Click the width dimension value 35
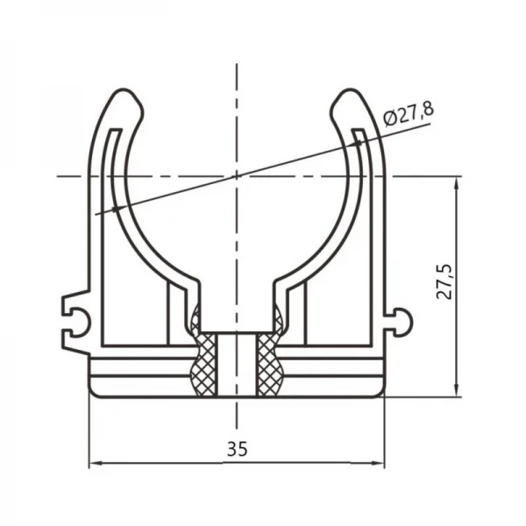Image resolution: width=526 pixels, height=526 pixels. click(x=236, y=449)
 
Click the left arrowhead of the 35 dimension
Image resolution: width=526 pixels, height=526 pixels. click(x=95, y=463)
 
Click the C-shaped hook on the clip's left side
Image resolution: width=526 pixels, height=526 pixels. click(x=75, y=316)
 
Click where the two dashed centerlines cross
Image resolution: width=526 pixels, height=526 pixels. click(x=236, y=176)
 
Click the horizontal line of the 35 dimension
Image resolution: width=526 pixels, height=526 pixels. click(x=175, y=463)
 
